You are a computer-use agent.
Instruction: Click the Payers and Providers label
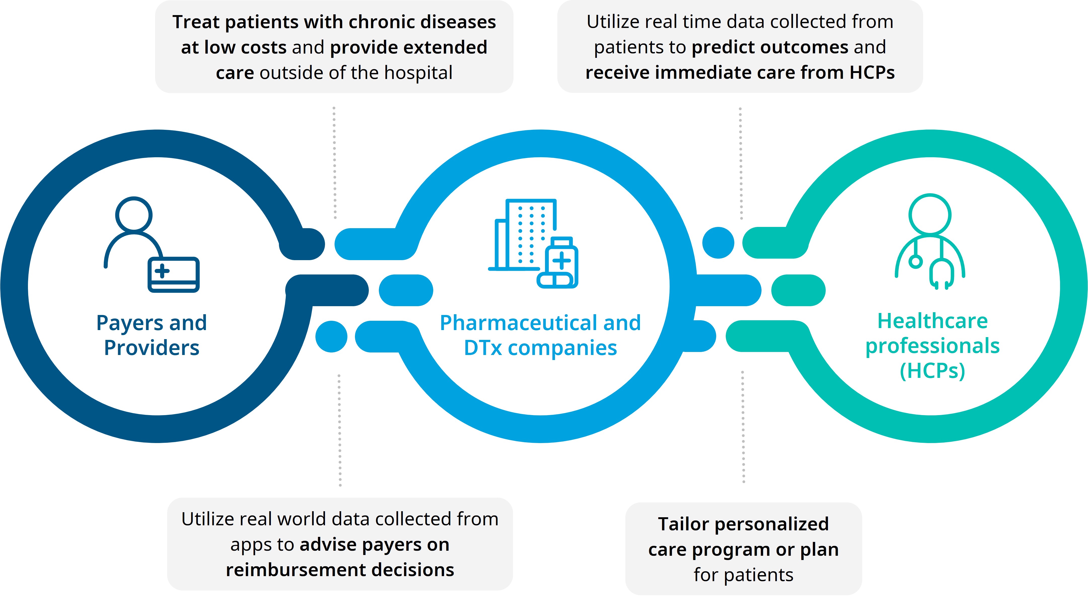[152, 335]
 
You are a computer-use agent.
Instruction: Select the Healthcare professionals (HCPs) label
[933, 345]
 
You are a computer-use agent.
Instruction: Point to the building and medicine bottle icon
[533, 244]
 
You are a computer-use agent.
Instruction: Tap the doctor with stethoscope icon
[930, 242]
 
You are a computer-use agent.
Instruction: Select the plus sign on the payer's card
[162, 271]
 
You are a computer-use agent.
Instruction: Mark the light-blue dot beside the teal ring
[718, 243]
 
